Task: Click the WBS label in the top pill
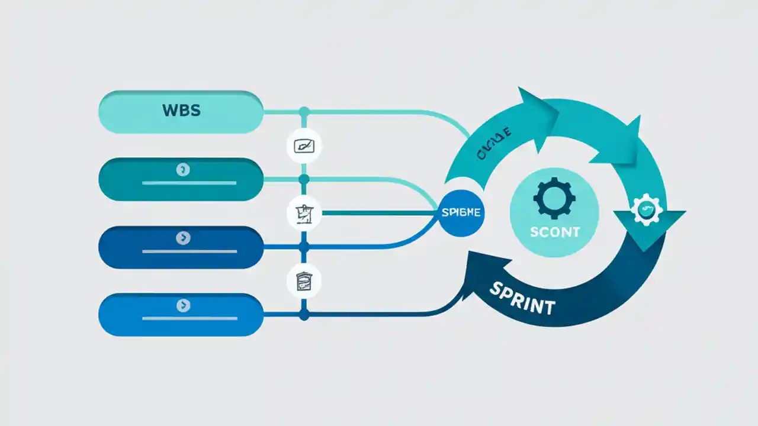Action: point(181,111)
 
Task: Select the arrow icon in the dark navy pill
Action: point(183,238)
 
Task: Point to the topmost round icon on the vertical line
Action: point(304,146)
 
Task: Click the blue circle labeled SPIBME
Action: point(461,212)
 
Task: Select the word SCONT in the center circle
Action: point(554,232)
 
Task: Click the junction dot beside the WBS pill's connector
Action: point(304,111)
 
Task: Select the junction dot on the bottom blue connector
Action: point(304,315)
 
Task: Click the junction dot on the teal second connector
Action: point(304,178)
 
